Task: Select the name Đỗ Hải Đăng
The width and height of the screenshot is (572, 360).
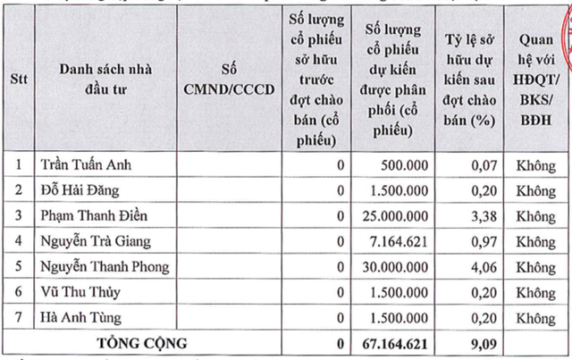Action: pyautogui.click(x=80, y=189)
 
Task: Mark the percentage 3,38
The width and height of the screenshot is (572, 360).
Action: pyautogui.click(x=481, y=215)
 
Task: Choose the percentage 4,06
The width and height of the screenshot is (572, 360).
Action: pyautogui.click(x=481, y=265)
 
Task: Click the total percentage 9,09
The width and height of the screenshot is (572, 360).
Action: pyautogui.click(x=481, y=342)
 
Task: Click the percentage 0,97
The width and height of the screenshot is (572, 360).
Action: pyautogui.click(x=481, y=240)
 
